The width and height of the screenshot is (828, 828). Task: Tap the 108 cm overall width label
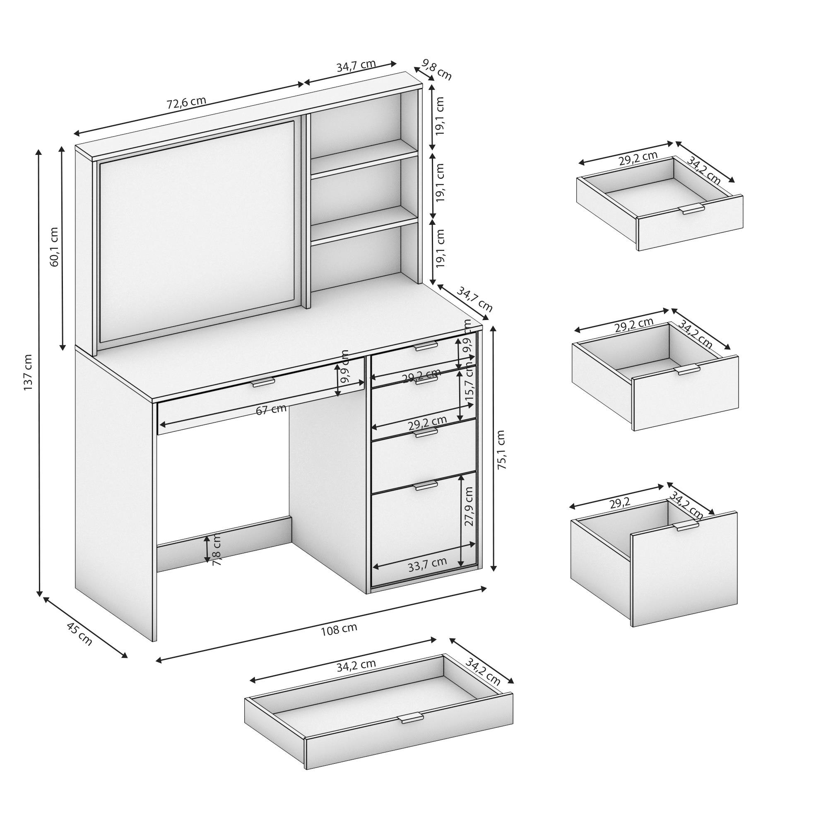tap(339, 629)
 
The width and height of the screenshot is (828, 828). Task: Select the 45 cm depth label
tap(80, 634)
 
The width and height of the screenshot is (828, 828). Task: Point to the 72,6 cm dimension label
tap(186, 103)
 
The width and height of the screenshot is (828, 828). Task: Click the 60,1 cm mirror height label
tap(54, 246)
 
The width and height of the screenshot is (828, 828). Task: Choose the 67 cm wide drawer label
tap(271, 409)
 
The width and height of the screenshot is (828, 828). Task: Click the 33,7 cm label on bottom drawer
tap(427, 563)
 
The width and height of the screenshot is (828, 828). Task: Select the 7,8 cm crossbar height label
tap(217, 550)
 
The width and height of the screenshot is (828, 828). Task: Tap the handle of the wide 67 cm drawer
tap(263, 382)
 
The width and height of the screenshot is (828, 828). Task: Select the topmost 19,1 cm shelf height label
tap(440, 116)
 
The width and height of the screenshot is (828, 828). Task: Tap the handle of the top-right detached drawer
tap(692, 209)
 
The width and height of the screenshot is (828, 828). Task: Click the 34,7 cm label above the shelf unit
tap(356, 66)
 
